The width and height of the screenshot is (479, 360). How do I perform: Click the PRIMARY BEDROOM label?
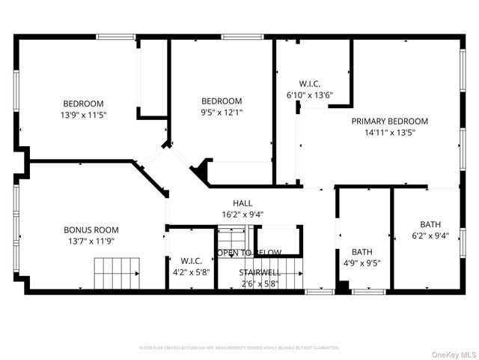390,121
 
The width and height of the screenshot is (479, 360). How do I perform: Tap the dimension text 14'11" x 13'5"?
390,132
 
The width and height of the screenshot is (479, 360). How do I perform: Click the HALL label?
242,202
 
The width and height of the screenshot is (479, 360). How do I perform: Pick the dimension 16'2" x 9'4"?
242,214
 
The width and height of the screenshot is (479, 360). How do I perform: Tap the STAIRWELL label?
260,273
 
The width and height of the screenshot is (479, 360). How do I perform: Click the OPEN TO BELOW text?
249,253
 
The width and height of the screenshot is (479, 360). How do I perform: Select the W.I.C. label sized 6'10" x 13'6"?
310,84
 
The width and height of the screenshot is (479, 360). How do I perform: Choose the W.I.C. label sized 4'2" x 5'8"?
191,262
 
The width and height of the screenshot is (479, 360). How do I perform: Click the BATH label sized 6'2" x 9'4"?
430,223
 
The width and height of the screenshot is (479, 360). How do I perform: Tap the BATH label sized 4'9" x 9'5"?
362,252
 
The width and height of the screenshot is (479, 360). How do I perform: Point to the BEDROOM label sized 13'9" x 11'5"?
83,103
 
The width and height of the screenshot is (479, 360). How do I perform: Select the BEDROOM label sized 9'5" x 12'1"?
222,101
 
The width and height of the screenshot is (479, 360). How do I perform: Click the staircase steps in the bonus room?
118,271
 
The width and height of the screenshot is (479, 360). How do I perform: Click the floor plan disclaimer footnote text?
239,348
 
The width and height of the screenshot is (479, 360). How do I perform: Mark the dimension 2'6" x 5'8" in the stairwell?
260,284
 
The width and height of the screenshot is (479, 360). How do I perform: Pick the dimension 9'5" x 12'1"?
222,112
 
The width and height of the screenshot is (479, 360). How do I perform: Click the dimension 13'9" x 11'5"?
83,115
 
